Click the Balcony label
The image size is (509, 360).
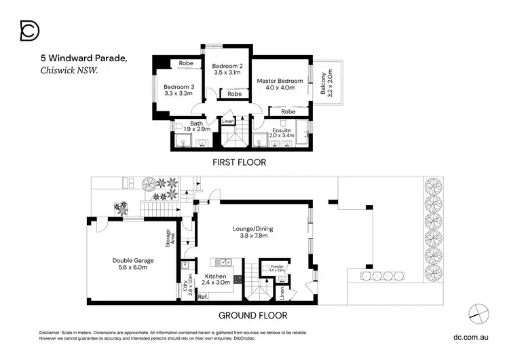[x=331, y=83]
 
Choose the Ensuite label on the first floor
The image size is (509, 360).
[x=282, y=132]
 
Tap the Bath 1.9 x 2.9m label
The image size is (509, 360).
[x=197, y=126]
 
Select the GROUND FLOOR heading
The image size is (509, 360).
[x=252, y=315]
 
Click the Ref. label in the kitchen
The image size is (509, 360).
[x=202, y=297]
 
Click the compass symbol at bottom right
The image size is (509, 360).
[x=478, y=312]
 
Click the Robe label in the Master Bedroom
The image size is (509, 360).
[x=288, y=111]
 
